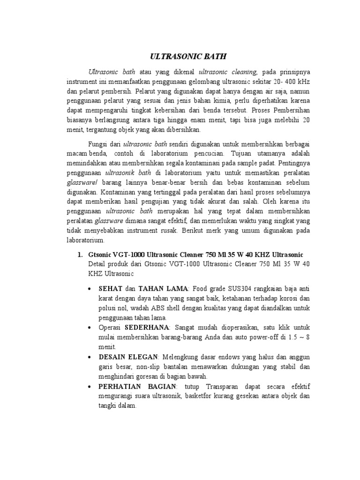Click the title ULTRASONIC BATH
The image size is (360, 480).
click(181, 57)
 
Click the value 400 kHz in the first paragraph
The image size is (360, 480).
click(297, 82)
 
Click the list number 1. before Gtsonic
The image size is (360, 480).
click(79, 255)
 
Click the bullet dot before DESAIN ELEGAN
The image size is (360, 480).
click(89, 357)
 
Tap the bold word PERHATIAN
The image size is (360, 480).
click(117, 387)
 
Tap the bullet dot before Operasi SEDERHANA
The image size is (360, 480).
click(89, 327)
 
